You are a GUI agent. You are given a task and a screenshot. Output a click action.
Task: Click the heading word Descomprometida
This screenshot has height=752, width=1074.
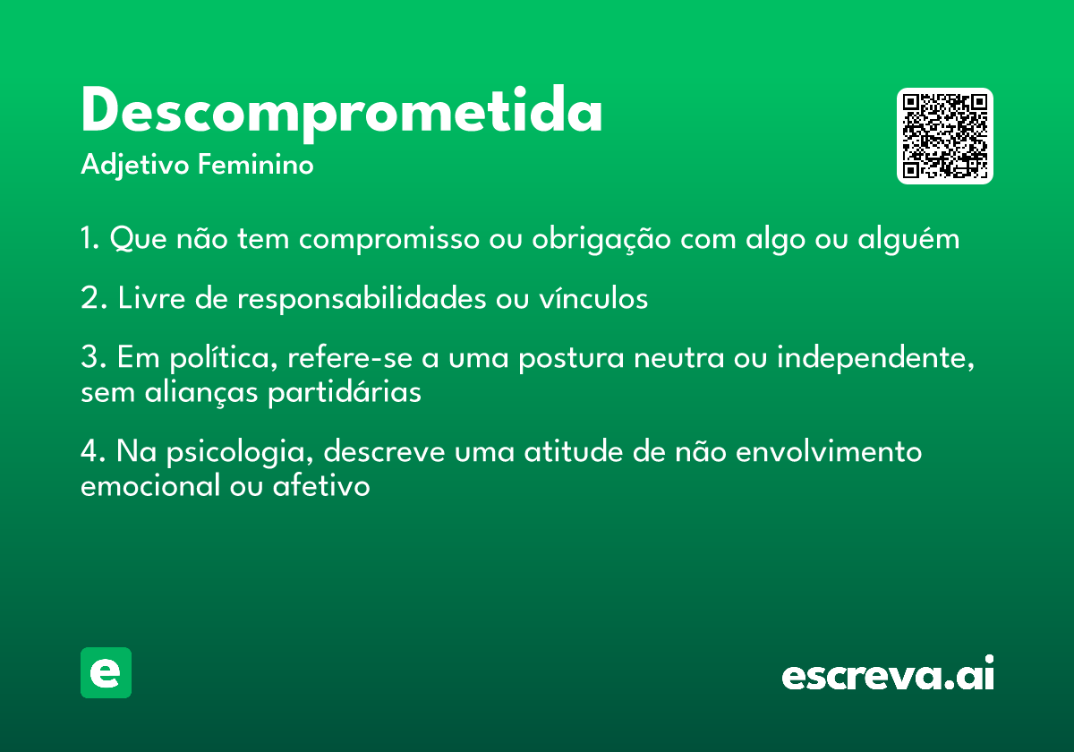click(x=341, y=112)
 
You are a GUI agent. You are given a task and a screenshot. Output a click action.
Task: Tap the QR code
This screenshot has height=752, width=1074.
click(x=944, y=136)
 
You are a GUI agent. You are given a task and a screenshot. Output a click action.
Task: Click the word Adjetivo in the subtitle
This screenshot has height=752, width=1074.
click(x=135, y=166)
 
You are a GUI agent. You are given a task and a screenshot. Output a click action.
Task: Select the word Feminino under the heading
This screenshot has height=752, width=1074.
click(x=256, y=165)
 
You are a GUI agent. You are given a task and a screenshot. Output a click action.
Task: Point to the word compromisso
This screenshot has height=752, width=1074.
click(x=388, y=240)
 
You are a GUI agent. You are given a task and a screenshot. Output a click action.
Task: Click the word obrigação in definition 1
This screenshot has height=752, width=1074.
click(x=601, y=238)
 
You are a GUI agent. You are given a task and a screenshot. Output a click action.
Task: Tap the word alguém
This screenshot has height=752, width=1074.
click(x=908, y=238)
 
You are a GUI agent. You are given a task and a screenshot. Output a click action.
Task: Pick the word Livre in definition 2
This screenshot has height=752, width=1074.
click(x=151, y=298)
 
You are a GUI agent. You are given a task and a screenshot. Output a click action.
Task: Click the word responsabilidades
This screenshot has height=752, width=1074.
click(x=362, y=299)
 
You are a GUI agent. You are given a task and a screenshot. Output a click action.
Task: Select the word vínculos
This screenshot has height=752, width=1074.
click(x=593, y=298)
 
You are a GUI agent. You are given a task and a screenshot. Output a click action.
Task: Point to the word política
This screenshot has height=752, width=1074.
click(x=224, y=358)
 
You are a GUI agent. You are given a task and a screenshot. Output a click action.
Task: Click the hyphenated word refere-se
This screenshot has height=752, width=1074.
click(x=350, y=357)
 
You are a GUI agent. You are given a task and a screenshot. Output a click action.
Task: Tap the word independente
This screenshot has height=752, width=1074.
click(x=875, y=358)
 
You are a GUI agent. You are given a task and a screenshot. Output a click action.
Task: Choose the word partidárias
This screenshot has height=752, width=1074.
click(x=345, y=393)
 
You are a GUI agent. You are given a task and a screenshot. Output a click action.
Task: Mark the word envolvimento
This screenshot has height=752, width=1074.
click(x=829, y=451)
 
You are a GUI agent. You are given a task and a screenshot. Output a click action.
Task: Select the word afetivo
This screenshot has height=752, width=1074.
click(x=321, y=485)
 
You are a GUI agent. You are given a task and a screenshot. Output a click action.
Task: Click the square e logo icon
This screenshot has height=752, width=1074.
click(x=106, y=672)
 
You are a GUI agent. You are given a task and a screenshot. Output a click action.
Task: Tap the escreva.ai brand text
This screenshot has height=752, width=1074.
click(x=888, y=673)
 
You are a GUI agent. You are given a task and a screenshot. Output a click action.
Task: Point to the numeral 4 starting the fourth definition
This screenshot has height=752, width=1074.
click(x=89, y=451)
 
